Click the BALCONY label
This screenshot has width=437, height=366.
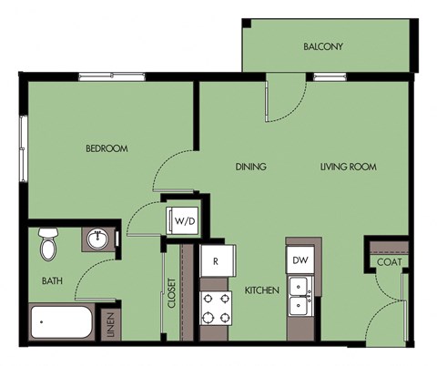pos(323,47)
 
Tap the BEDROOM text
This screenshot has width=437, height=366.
pos(107,148)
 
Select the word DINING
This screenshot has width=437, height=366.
pos(250,168)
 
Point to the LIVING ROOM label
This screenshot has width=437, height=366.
pos(348,168)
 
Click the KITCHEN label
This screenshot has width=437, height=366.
pos(261,291)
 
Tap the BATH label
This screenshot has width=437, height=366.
pos(52,281)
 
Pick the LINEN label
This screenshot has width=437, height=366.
pos(110,325)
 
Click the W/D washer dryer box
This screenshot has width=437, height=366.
pos(184,219)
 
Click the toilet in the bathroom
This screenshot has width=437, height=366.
pos(48,244)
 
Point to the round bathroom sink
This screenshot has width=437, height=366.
pos(97,240)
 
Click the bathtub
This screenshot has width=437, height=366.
pos(61,322)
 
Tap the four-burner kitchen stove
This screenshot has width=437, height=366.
pos(216,308)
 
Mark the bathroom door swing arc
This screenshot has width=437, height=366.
pos(91,278)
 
